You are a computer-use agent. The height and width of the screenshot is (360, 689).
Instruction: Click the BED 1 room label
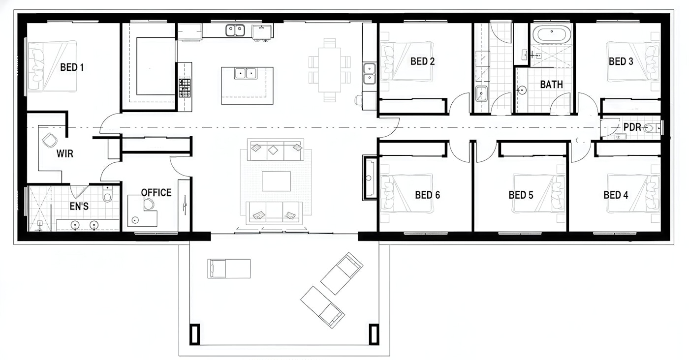click(72, 67)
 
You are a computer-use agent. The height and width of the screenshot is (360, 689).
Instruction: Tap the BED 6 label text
click(427, 195)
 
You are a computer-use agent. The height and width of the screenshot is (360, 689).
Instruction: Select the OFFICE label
click(157, 193)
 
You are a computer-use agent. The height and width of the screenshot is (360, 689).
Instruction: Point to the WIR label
click(65, 153)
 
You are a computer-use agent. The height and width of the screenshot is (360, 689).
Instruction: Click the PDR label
click(632, 127)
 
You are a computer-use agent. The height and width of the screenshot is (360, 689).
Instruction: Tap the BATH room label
click(552, 85)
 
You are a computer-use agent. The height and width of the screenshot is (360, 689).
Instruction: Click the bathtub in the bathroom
click(552, 34)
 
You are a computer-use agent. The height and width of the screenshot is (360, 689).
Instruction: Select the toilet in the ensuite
click(107, 194)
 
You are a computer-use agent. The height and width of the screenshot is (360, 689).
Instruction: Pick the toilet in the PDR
click(652, 127)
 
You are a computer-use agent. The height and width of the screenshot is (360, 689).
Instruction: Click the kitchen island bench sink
click(246, 73)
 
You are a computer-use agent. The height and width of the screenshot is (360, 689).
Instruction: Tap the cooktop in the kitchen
click(185, 88)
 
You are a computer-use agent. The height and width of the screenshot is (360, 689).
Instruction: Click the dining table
click(329, 70)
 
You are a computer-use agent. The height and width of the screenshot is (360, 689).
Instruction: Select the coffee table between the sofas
click(276, 181)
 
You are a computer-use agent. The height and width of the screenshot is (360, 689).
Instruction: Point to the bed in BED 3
click(633, 61)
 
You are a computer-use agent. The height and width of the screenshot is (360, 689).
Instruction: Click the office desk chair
click(149, 204)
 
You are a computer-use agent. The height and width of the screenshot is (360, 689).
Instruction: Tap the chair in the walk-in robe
click(50, 140)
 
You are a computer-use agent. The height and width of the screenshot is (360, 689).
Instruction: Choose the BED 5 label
click(521, 195)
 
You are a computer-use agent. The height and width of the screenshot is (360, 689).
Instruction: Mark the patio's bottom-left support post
click(195, 334)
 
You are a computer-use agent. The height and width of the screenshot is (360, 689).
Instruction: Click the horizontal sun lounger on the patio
click(229, 269)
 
